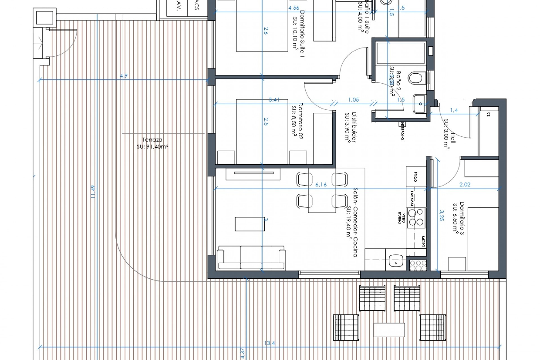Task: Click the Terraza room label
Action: tap(152, 140)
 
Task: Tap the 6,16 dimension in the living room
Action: tap(321, 185)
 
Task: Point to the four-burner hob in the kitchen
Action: tap(416, 217)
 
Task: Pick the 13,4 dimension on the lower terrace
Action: tap(270, 343)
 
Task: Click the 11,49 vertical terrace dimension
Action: tap(93, 192)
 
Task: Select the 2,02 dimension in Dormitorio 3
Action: tap(465, 185)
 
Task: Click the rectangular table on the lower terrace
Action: tap(389, 330)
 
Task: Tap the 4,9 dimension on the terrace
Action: tap(124, 76)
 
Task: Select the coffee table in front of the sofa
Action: tap(250, 224)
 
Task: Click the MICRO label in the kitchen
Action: tap(423, 242)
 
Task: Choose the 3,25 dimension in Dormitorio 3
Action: tap(441, 215)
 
